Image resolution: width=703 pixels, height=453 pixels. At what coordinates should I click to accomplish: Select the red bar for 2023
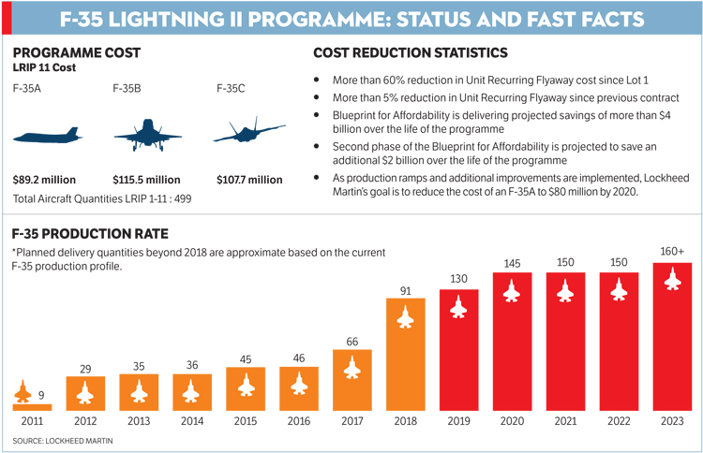point(670,337)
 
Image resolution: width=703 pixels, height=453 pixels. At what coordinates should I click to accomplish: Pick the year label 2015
point(246,421)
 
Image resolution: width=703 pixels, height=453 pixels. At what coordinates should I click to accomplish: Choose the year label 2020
point(511,421)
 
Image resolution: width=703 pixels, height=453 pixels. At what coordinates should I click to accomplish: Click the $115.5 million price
point(146,180)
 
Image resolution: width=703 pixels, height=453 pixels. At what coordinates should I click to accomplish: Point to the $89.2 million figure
point(44,180)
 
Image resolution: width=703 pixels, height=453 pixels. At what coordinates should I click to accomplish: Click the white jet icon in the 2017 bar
point(351,369)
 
